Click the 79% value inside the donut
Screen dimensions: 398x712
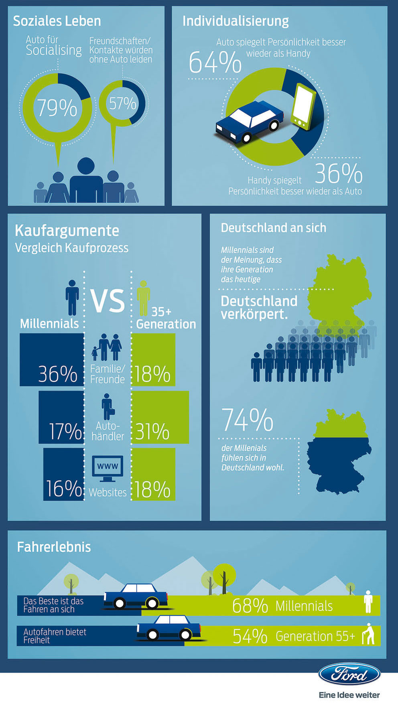(x=57, y=108)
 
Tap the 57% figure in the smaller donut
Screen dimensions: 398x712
(x=123, y=103)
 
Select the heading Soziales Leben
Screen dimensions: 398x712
(x=57, y=21)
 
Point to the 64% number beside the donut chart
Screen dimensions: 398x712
(x=215, y=63)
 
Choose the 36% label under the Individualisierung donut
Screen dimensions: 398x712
(x=339, y=173)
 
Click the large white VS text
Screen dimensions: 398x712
(x=108, y=301)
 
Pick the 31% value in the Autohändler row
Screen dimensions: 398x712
(x=152, y=432)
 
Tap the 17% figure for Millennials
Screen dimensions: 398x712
(x=65, y=432)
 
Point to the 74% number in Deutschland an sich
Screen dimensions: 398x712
(x=247, y=420)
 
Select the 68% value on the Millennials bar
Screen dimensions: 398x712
(x=250, y=606)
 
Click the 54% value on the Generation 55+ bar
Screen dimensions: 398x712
(x=250, y=636)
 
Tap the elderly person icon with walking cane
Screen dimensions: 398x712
(x=368, y=634)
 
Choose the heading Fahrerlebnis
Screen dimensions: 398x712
(x=54, y=547)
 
